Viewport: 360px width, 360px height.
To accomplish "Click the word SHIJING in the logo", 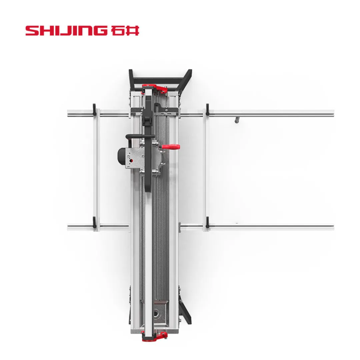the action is coord(66,31).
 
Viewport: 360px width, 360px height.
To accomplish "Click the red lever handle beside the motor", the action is coord(171,147).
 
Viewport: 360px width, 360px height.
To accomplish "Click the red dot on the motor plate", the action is coord(131,161).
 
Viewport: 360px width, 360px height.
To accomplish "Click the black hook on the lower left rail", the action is coord(94,222).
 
